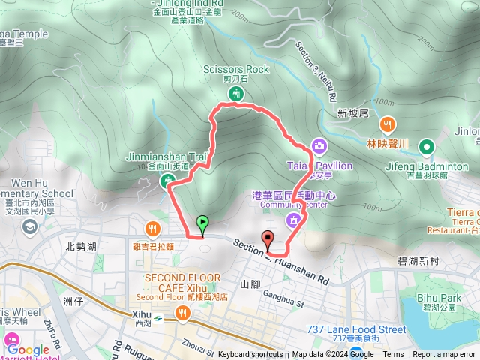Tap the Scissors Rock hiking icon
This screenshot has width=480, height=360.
click(x=236, y=94)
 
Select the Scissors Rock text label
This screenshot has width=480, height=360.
click(x=235, y=69)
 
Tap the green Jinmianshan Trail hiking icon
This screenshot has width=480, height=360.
click(x=166, y=180)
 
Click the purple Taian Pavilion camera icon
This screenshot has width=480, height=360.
click(x=319, y=145)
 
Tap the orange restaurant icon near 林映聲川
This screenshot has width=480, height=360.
click(x=388, y=124)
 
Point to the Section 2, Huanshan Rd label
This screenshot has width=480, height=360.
click(x=281, y=262)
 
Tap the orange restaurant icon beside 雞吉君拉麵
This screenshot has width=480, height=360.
click(x=153, y=229)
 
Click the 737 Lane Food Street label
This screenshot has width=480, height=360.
click(x=357, y=328)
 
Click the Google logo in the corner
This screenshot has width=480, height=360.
click(x=28, y=349)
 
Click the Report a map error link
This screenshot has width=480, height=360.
click(x=445, y=354)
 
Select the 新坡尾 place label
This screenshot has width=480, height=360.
click(x=352, y=112)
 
